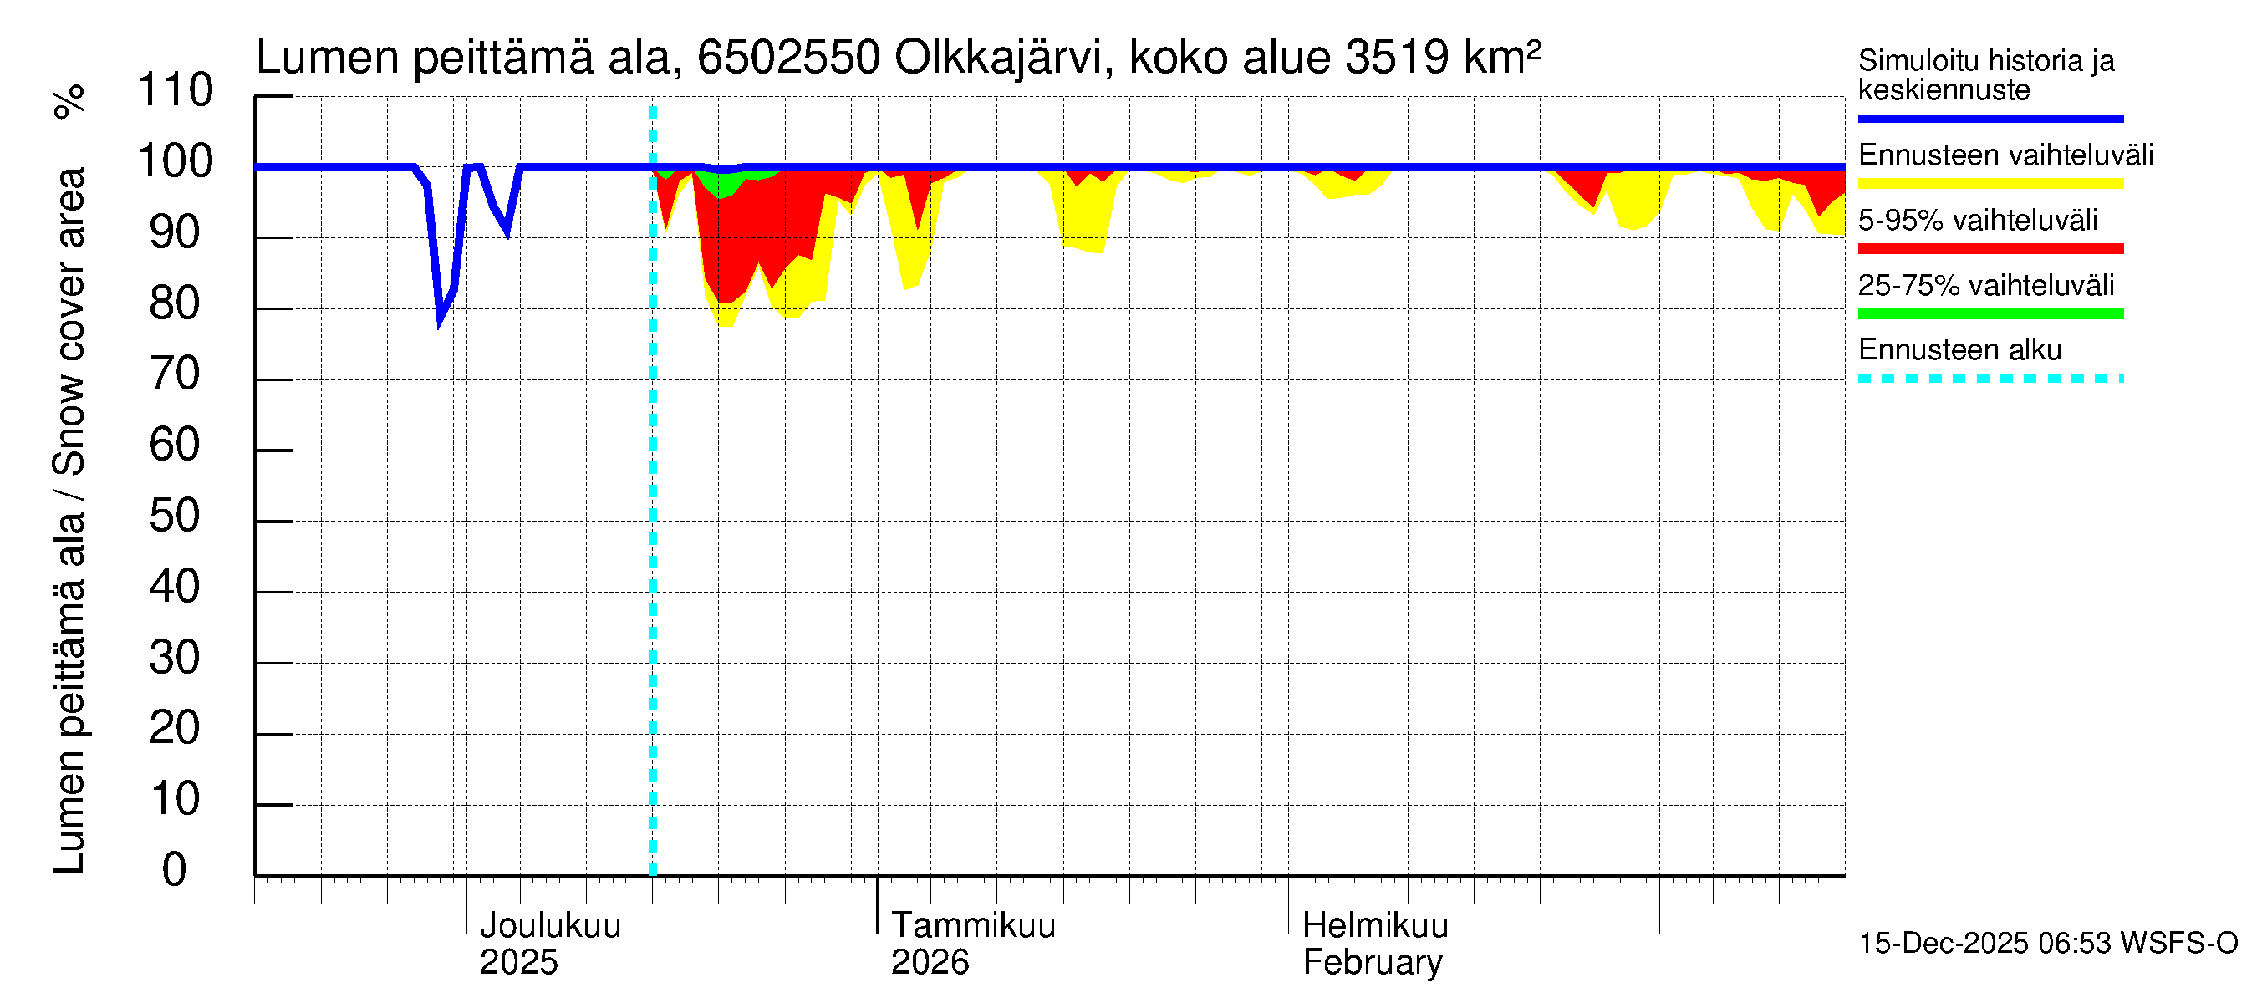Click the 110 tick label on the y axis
(x=176, y=90)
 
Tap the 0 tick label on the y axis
(x=175, y=870)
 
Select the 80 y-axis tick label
(x=175, y=303)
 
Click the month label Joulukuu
(x=549, y=926)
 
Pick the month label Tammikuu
(x=972, y=926)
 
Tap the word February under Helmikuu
(x=1372, y=963)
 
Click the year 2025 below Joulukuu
(x=517, y=963)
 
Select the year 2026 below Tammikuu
(x=930, y=963)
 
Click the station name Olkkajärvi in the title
(x=998, y=58)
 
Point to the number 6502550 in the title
(x=788, y=58)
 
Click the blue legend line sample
(x=1990, y=118)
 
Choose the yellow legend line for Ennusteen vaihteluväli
(x=1990, y=184)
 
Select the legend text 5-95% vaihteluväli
(x=1978, y=220)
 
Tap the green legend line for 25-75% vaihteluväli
(x=1990, y=313)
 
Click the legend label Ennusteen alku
(x=1960, y=350)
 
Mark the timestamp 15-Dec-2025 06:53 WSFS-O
(x=2047, y=944)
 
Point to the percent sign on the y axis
(x=69, y=102)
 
